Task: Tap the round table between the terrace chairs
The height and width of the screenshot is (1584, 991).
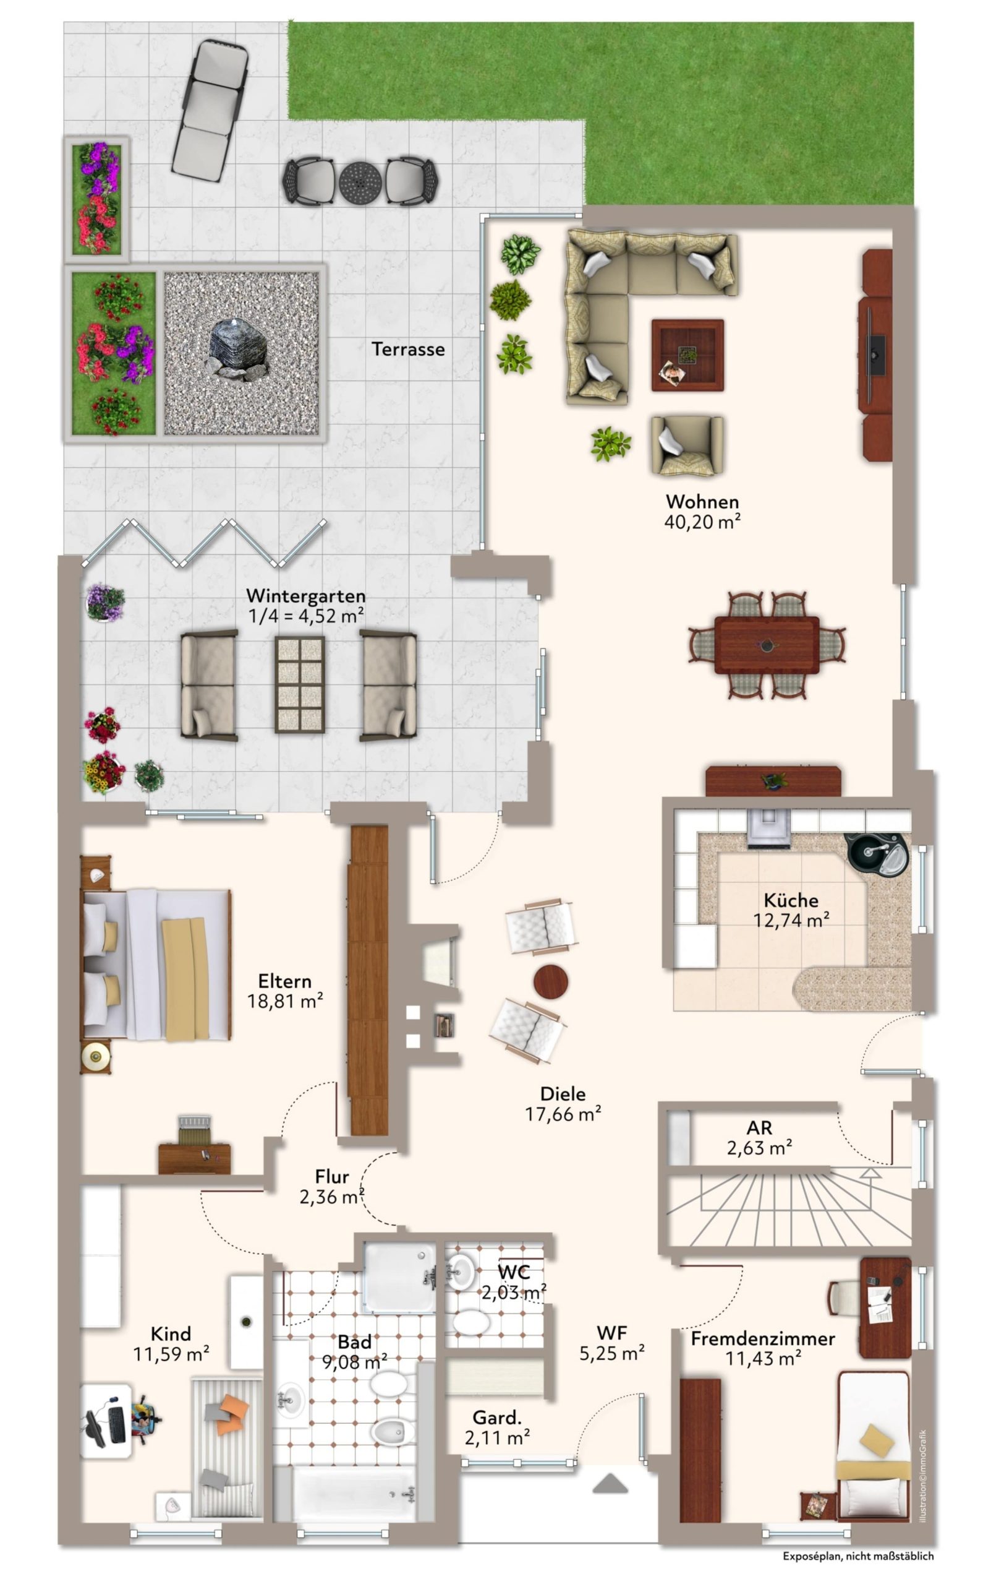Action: coord(360,181)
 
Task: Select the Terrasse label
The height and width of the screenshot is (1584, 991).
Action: coord(407,349)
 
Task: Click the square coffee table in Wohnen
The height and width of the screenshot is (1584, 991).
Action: coord(687,355)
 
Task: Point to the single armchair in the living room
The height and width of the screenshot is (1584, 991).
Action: coord(687,445)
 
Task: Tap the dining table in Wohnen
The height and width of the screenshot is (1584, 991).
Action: coord(766,644)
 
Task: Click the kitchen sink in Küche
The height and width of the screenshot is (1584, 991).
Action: coord(875,854)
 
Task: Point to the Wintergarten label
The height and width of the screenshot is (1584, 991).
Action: coord(305,596)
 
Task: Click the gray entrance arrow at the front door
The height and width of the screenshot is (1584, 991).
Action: coord(610,1484)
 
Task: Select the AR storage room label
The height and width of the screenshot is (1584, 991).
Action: coord(759,1127)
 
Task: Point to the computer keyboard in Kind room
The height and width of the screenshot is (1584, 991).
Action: coord(117,1427)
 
